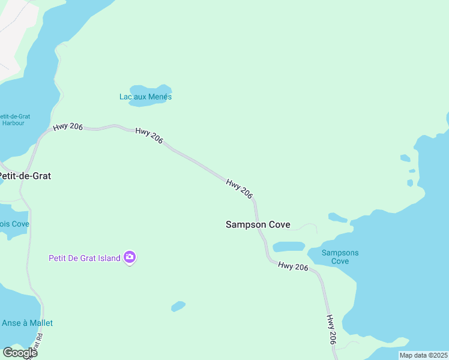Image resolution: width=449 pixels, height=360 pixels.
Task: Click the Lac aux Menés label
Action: point(145,97)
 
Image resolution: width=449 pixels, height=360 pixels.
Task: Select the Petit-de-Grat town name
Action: point(25,176)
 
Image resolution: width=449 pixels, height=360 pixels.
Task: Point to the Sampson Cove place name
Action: point(258,224)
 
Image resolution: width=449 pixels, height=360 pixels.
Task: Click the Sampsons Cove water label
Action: point(340,257)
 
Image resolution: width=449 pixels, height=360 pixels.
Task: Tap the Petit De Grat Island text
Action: point(85,258)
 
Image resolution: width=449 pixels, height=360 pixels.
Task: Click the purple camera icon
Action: point(130,258)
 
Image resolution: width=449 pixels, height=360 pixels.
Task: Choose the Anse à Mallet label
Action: point(27,323)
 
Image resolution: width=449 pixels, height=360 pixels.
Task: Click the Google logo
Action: point(20,353)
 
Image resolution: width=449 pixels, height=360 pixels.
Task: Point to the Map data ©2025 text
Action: point(423,355)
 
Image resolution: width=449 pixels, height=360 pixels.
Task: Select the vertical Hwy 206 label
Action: point(331,329)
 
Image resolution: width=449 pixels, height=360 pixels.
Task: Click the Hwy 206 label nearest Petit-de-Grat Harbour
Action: point(68,127)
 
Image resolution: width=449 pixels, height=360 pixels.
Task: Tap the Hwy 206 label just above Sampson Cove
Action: point(240,188)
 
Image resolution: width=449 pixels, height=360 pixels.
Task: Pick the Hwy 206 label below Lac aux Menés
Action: point(149,136)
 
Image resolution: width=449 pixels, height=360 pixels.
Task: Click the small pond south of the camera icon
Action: point(178,307)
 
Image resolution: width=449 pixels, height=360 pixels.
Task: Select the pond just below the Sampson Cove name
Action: point(289,247)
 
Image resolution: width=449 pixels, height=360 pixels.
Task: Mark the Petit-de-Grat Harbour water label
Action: point(16,119)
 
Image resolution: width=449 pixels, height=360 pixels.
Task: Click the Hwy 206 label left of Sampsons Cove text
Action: point(293,266)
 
